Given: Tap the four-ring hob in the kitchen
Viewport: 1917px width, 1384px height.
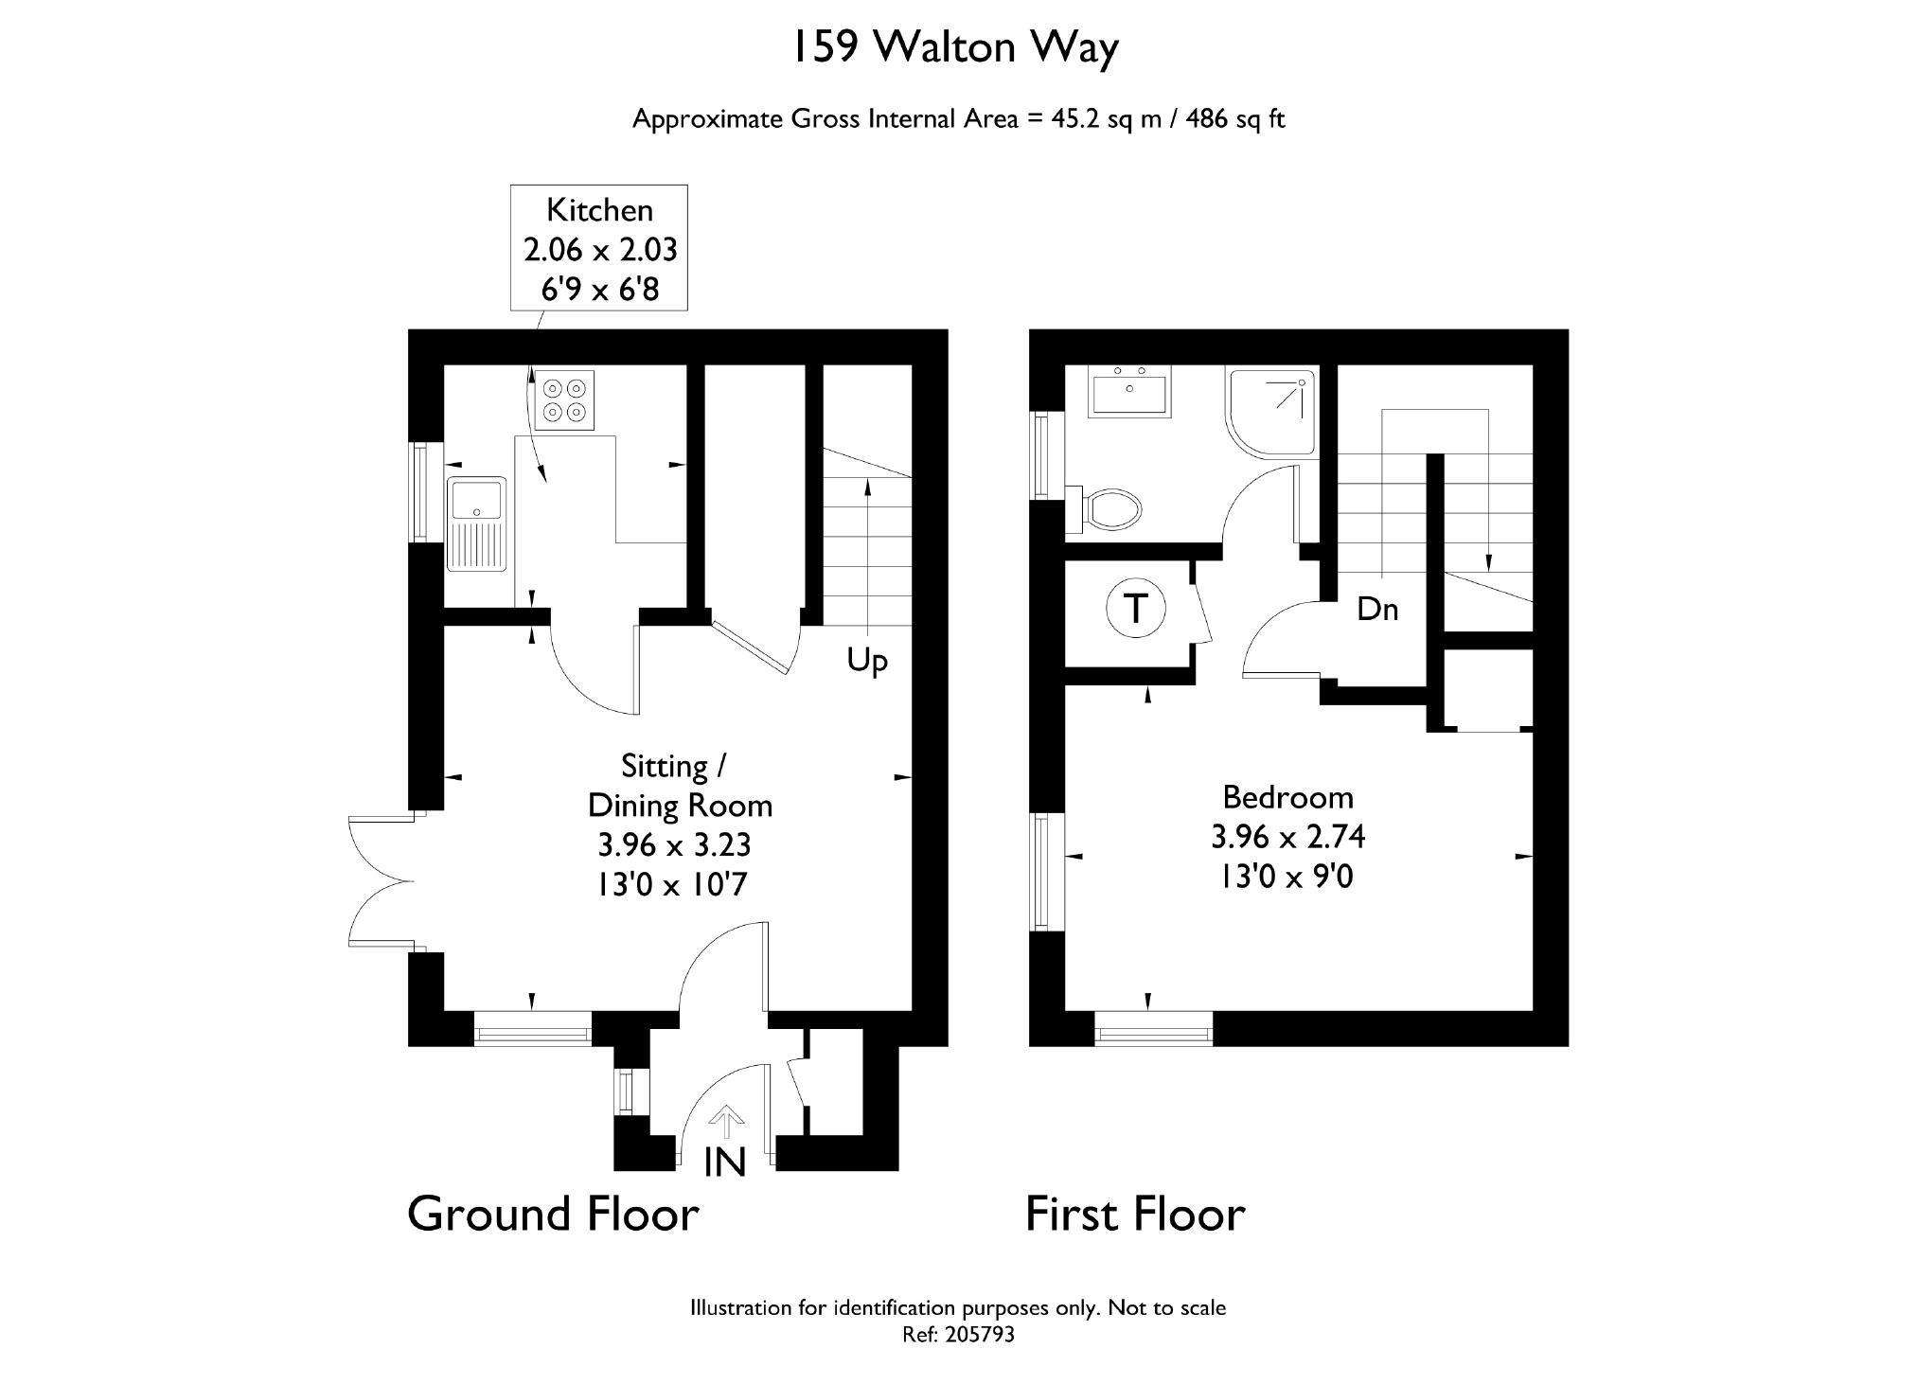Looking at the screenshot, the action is click(564, 399).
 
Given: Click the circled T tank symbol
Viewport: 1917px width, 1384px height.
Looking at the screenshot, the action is click(1135, 608).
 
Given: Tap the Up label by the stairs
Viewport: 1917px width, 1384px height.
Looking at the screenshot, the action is click(866, 660).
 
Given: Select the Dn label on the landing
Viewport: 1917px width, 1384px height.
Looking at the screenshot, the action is click(1377, 610).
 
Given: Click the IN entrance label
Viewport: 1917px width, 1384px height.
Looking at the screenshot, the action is click(725, 1162).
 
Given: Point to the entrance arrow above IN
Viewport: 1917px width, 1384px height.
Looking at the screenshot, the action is click(726, 1122).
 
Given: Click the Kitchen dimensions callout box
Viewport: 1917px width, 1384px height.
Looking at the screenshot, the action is click(599, 248).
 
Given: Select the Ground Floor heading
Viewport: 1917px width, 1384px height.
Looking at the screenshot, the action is click(553, 1214).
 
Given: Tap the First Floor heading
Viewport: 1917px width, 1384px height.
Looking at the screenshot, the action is click(1135, 1214).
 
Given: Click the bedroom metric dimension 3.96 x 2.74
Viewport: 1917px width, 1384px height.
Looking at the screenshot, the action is click(1287, 837).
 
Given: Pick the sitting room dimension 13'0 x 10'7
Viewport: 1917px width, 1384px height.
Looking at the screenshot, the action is click(671, 884).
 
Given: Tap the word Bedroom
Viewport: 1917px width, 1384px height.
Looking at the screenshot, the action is click(1287, 797).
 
